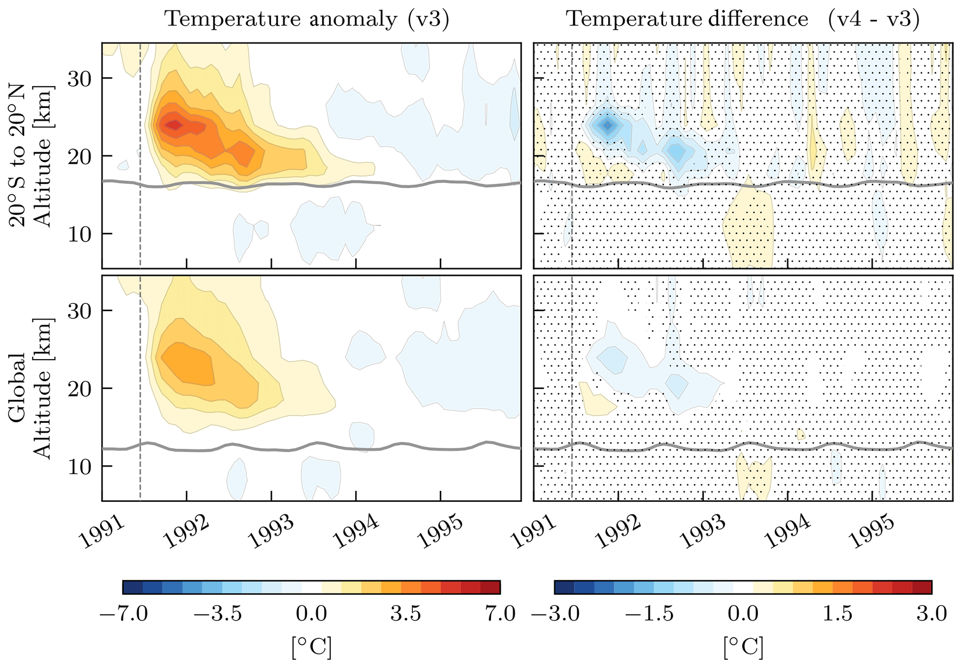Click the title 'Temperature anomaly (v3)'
tap(307, 20)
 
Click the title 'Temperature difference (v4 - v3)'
tap(743, 20)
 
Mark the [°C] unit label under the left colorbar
tap(311, 647)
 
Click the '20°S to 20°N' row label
tap(19, 156)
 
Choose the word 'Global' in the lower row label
tap(19, 388)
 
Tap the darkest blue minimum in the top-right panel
tap(607, 125)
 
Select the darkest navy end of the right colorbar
tap(565, 587)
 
